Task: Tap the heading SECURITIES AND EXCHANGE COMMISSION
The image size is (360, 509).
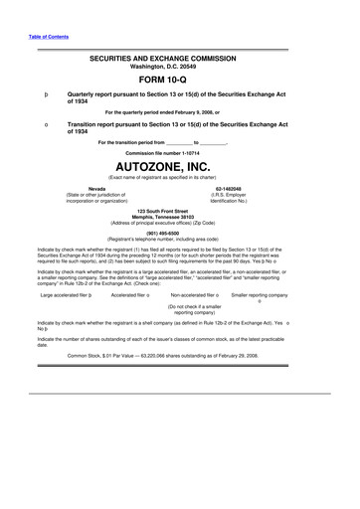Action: tap(180, 60)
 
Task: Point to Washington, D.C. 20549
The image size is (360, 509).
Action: tap(180, 68)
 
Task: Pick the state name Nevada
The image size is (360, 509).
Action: tap(70, 188)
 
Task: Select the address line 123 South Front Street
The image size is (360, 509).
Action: tap(180, 212)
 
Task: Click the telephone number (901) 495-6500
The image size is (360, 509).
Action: tap(180, 235)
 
